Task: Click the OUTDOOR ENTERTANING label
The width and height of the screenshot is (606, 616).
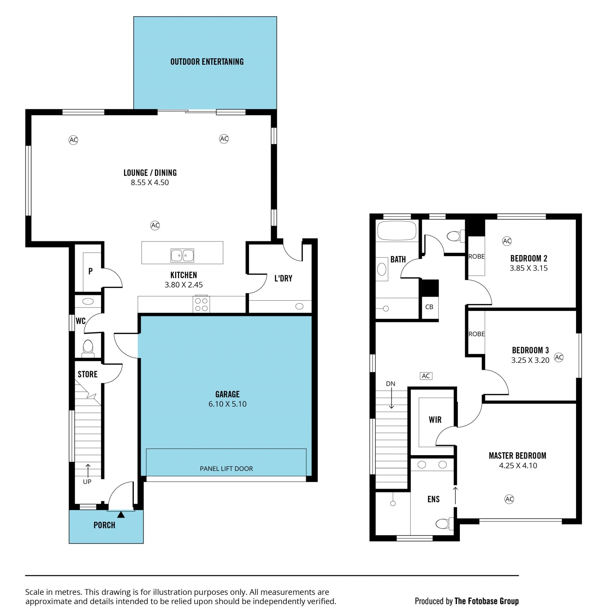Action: pos(207,62)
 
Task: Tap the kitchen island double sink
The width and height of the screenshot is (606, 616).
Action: pos(182,255)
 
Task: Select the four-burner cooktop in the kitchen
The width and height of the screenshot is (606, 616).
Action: pos(201,304)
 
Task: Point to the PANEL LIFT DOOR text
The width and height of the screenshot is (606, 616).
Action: pos(226,468)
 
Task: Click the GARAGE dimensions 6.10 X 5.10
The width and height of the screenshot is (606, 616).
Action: pos(227,404)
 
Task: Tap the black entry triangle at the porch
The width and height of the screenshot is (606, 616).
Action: pos(121,514)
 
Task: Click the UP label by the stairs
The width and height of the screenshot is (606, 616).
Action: pos(87,482)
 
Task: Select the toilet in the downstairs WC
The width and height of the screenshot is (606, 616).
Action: pos(88,348)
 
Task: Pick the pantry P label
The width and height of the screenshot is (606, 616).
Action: pos(90,271)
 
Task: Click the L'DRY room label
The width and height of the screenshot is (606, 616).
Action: pos(283,278)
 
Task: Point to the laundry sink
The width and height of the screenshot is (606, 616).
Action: pos(299,306)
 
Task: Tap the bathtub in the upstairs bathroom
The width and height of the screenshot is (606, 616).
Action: pos(396,230)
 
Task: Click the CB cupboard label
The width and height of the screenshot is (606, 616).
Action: pos(429,307)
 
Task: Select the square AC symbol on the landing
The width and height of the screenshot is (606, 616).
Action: pos(426,376)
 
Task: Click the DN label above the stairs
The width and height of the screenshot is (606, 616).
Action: pos(390,384)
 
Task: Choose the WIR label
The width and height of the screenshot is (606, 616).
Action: pos(435,420)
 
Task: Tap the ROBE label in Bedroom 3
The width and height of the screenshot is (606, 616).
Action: pos(477,334)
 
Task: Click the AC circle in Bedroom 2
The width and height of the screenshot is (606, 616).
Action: pos(507,241)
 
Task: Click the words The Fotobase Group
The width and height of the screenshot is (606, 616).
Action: pos(487,601)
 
